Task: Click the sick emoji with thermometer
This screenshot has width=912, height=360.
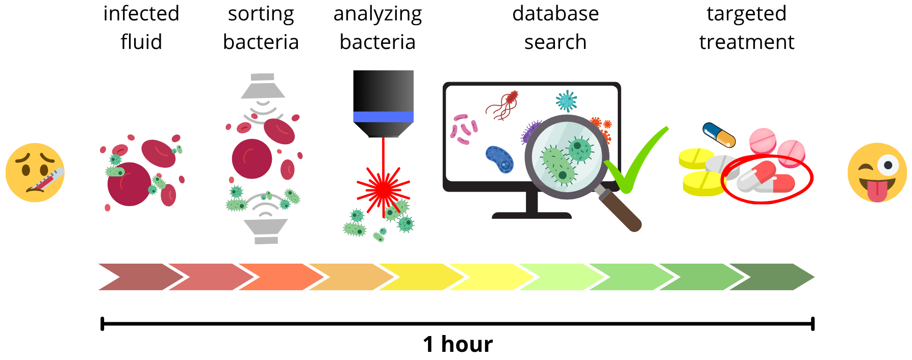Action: [x=35, y=172]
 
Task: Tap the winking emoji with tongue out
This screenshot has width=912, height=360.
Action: [x=877, y=172]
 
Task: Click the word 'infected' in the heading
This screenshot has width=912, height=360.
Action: [x=141, y=14]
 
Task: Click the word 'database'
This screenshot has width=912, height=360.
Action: [x=555, y=14]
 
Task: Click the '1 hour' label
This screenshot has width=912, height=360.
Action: [x=458, y=344]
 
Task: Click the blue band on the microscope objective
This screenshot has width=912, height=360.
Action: [x=383, y=117]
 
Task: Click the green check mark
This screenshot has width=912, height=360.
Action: [x=636, y=163]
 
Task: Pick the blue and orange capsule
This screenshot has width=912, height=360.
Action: [x=719, y=135]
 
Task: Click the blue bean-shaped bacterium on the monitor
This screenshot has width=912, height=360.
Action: [x=499, y=159]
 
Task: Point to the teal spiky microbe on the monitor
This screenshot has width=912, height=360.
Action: [x=566, y=101]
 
